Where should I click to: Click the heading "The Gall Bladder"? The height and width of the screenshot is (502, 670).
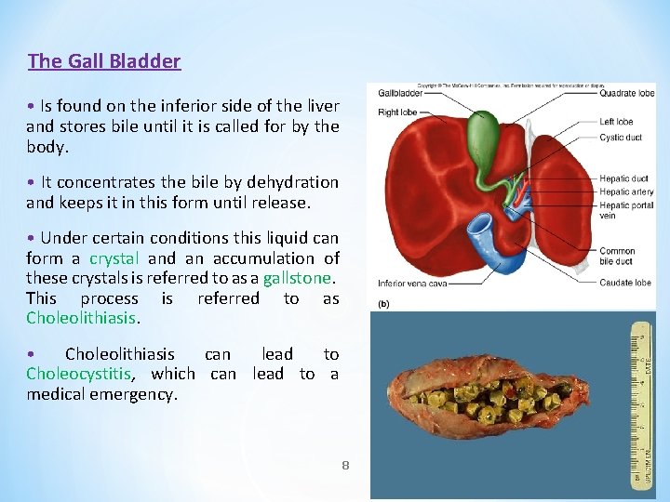104,61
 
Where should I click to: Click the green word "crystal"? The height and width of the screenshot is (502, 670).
114,258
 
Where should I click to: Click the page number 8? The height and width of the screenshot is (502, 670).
345,464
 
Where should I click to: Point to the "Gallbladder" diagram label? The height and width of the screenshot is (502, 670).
400,93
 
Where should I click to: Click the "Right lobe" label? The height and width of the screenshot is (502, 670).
396,112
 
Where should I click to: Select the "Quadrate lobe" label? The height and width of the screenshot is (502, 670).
627,93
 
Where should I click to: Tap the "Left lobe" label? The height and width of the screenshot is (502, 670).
616,121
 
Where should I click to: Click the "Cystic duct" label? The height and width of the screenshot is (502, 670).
621,138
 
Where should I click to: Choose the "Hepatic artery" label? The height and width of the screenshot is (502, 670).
626,192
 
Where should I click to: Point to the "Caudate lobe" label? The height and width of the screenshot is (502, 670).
625,283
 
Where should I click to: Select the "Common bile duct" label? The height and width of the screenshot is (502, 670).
618,257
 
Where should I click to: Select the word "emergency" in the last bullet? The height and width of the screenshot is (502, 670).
141,394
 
